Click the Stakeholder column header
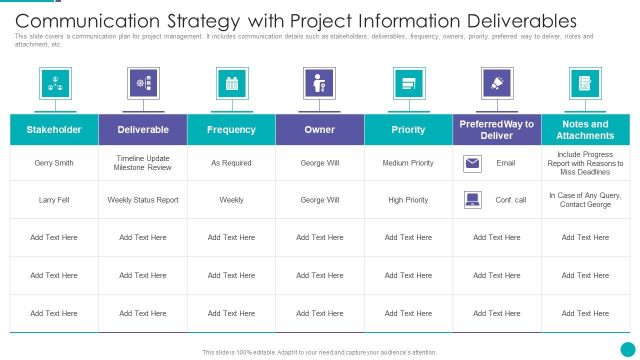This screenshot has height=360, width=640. coord(54,129)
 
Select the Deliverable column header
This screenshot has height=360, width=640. coord(143,129)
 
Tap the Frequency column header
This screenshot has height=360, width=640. coord(231,129)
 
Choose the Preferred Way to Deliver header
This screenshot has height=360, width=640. coord(496,129)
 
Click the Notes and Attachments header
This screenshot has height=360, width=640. coord(585,129)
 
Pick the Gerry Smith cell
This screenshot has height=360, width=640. coord(54,163)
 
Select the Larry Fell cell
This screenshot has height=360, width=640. coord(54,200)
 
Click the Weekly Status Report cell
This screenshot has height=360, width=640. coord(143,200)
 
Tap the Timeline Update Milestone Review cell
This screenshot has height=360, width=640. coord(143,163)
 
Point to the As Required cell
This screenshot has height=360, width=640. coord(231,163)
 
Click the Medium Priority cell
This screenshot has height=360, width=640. coord(408,163)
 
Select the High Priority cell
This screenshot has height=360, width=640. coord(408,200)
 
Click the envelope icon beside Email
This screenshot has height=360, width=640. coord(472,163)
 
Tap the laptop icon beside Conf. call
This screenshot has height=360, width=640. coord(472,199)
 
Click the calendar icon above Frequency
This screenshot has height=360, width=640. coord(232,83)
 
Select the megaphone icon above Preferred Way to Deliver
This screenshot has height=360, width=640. coord(497,83)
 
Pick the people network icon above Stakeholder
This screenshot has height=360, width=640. coord(55,83)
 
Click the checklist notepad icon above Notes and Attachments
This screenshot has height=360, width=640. coord(585,83)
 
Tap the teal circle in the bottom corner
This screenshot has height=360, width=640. coord(627,349)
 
